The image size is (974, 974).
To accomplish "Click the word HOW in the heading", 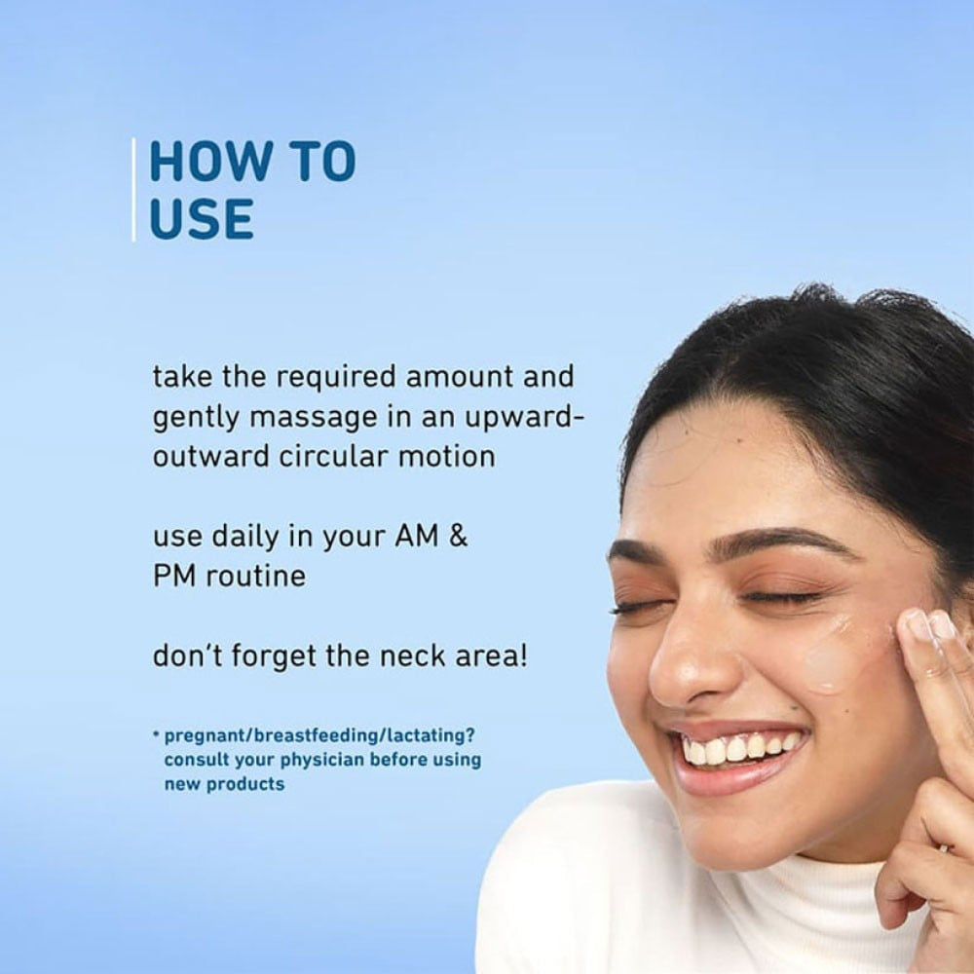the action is pos(208,162).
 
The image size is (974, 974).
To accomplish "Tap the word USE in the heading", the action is pos(202,218).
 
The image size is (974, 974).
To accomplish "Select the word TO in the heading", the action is pos(323,162).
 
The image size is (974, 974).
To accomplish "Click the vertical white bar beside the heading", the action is pos(133,190).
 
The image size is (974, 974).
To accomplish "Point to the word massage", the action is pos(313,418).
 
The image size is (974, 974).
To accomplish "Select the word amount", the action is pos(460,377).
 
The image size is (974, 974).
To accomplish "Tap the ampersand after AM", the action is pos(458,536).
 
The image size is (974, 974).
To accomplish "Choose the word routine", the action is pos(256,576).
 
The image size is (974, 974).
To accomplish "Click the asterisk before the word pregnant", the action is pos(156,734).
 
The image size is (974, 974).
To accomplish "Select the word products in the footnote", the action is pos(245,784).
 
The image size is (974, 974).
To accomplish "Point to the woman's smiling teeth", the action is pos(739,747).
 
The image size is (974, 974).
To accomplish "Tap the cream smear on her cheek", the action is pos(836,653).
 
